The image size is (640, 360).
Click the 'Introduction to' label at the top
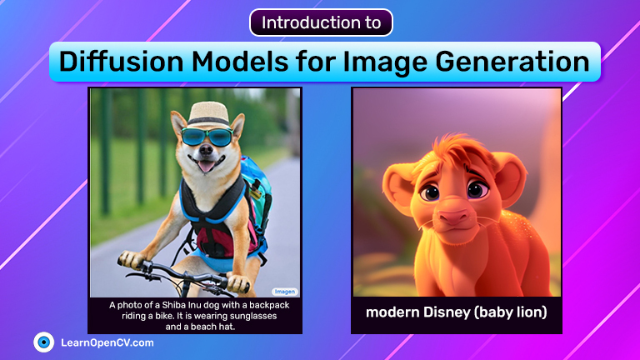click(321, 22)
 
